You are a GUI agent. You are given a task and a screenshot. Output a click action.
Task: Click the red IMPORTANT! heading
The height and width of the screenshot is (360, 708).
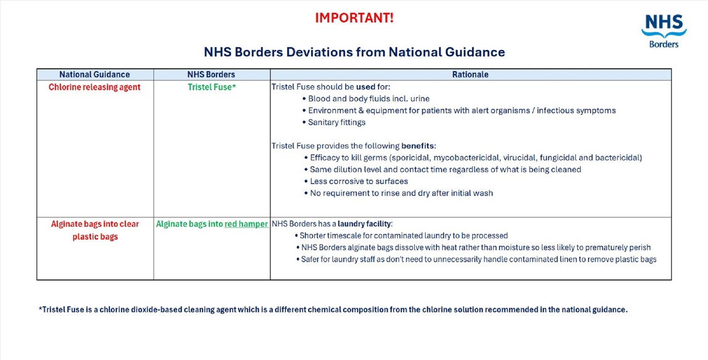click(x=354, y=18)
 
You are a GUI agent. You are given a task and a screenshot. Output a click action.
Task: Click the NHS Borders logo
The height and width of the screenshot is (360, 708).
click(x=664, y=31)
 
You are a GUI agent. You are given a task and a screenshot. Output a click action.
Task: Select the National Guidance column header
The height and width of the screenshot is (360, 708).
click(x=94, y=75)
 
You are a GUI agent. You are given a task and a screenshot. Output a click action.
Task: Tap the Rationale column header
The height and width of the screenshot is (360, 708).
click(x=470, y=75)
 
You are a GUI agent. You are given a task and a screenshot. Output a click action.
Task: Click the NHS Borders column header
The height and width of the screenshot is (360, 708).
click(x=211, y=75)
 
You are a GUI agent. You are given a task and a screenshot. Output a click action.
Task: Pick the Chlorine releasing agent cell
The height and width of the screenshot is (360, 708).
click(x=94, y=87)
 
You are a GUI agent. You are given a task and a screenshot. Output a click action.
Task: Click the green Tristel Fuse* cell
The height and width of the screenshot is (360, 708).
click(x=212, y=87)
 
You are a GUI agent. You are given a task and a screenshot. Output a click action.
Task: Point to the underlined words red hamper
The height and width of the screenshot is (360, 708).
click(x=246, y=224)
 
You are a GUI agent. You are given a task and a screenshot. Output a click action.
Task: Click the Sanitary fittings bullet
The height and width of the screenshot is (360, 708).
click(x=336, y=122)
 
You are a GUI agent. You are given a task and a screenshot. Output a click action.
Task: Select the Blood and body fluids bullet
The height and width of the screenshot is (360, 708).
click(x=369, y=99)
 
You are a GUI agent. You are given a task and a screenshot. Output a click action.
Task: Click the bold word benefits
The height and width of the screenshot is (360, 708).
click(x=418, y=146)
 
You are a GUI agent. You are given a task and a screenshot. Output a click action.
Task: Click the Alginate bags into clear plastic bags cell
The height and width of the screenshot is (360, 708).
click(x=94, y=230)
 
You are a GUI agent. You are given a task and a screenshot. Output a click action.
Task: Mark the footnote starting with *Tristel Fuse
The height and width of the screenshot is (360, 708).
click(x=333, y=310)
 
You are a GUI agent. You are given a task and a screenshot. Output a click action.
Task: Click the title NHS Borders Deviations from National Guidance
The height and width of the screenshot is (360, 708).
click(x=354, y=52)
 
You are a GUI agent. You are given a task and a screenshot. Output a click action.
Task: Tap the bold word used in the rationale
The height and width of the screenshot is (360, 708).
click(x=365, y=87)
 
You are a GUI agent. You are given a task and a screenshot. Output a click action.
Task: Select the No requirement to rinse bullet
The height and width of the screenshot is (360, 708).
click(x=401, y=193)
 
